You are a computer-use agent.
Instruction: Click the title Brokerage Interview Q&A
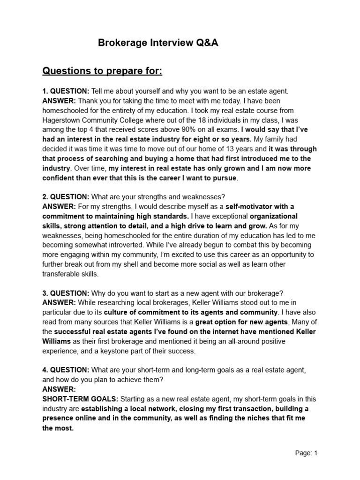pyautogui.click(x=158, y=44)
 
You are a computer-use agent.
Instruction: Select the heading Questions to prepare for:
pyautogui.click(x=102, y=71)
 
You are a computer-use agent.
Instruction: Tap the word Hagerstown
pyautogui.click(x=63, y=120)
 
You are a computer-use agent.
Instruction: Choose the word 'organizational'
pyautogui.click(x=274, y=216)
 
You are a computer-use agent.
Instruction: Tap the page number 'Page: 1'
pyautogui.click(x=307, y=453)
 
